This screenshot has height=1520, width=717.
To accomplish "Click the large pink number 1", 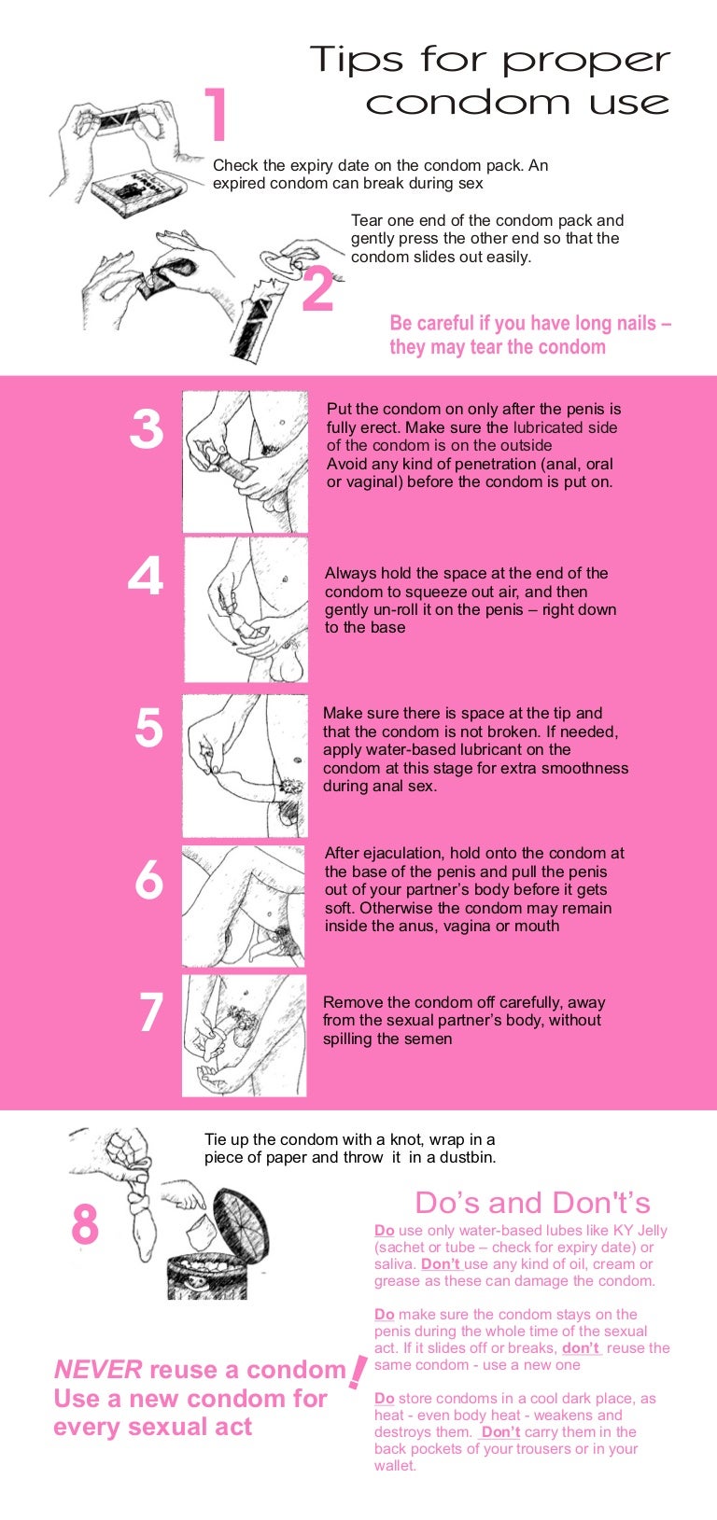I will click(x=217, y=116).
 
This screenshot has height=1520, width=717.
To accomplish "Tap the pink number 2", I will click(x=317, y=289).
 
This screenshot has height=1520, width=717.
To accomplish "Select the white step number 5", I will click(x=148, y=728).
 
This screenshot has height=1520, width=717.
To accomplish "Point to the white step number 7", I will click(x=150, y=1012).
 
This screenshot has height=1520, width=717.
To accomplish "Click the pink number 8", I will click(x=85, y=1224).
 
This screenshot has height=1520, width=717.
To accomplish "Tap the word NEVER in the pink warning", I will click(x=98, y=1370).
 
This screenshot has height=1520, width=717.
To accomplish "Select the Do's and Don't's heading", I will click(x=532, y=1203).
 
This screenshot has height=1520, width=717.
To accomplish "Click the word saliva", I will click(x=395, y=1264).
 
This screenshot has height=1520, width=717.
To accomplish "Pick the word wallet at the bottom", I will click(x=394, y=1466).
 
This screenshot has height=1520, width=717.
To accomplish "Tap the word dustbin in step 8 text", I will click(x=468, y=1158).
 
